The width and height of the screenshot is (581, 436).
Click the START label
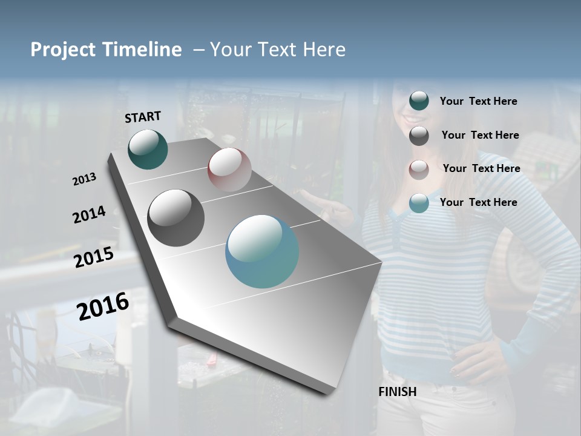tap(143, 117)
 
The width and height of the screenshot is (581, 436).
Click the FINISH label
tap(397, 392)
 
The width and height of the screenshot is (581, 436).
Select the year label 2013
tap(84, 179)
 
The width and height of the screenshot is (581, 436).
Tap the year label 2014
tap(89, 214)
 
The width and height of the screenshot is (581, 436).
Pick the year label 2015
tap(94, 257)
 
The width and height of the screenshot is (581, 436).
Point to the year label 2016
tap(103, 306)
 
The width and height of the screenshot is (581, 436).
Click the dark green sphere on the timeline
tap(148, 150)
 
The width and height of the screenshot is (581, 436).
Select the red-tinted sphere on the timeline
tap(229, 170)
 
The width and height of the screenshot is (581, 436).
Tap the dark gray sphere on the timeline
tap(176, 218)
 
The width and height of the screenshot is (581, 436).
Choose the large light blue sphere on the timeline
tap(262, 251)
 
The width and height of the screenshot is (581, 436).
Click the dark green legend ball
tap(419, 101)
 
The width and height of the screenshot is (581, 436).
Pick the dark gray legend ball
tap(419, 136)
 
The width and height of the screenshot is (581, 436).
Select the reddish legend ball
tap(419, 170)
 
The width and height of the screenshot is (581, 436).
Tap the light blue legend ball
tap(419, 203)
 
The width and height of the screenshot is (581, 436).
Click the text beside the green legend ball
tap(478, 101)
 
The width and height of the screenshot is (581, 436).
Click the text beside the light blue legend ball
tap(478, 202)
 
